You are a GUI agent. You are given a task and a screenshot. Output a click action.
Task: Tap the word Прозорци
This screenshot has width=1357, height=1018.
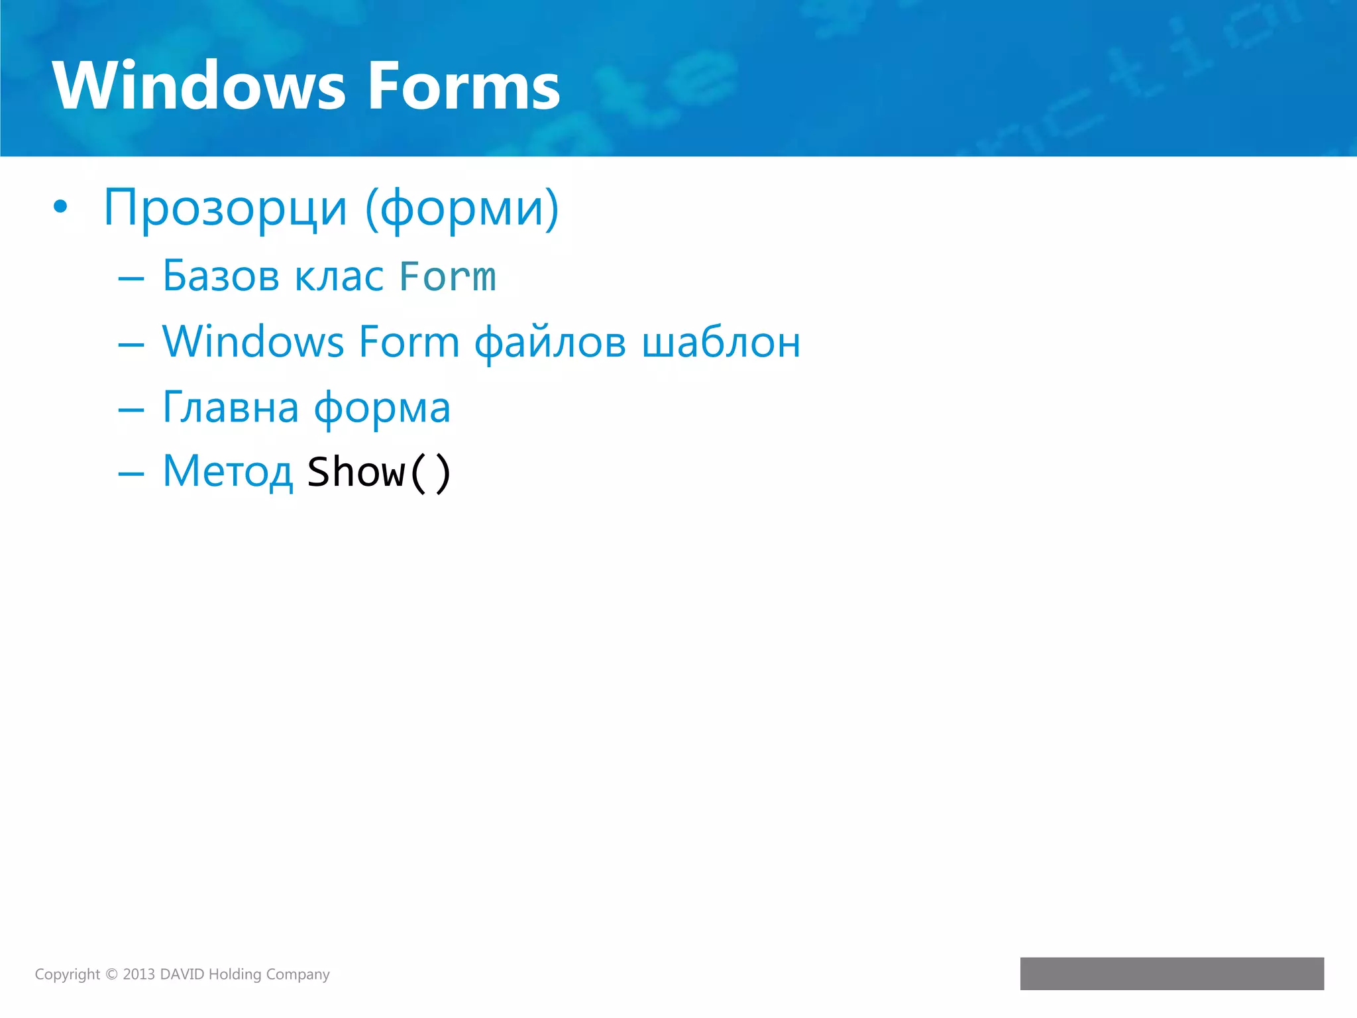225,208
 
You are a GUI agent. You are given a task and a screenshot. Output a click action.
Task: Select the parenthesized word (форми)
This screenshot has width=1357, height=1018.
462,208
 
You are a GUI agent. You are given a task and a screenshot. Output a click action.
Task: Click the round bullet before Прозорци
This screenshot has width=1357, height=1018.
60,207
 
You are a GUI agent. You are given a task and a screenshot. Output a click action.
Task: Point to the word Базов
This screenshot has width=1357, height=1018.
221,276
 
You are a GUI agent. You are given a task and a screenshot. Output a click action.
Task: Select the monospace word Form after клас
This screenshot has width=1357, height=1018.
447,276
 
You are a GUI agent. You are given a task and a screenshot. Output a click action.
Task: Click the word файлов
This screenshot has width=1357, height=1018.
550,343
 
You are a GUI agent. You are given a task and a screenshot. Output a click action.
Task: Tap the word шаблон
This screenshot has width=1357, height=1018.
721,343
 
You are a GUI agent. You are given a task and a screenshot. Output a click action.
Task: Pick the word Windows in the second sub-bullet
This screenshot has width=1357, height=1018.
253,342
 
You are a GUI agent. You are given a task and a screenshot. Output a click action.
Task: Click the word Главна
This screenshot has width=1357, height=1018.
231,407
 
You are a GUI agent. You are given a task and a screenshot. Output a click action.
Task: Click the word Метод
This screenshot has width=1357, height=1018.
228,472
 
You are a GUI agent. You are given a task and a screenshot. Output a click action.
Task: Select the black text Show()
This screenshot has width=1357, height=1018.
379,472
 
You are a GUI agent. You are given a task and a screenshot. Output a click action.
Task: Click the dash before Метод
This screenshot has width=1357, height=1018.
131,473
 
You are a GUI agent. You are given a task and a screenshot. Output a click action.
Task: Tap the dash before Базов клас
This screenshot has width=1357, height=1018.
131,278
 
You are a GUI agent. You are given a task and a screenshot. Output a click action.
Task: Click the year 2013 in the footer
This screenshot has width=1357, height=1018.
138,974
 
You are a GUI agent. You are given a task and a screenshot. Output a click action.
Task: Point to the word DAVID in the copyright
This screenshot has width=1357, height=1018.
182,974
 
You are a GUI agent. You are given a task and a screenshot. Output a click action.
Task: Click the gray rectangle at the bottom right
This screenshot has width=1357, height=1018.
1171,973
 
